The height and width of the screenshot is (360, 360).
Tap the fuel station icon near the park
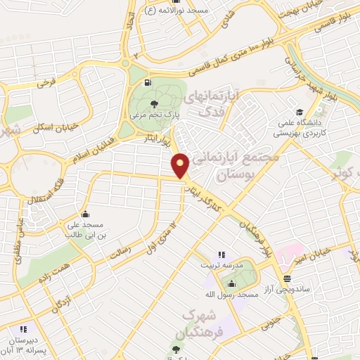click(x=148, y=82)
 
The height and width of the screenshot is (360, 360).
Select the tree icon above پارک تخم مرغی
click(x=154, y=105)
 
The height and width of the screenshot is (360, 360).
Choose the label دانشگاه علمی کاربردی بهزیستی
click(x=298, y=127)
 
